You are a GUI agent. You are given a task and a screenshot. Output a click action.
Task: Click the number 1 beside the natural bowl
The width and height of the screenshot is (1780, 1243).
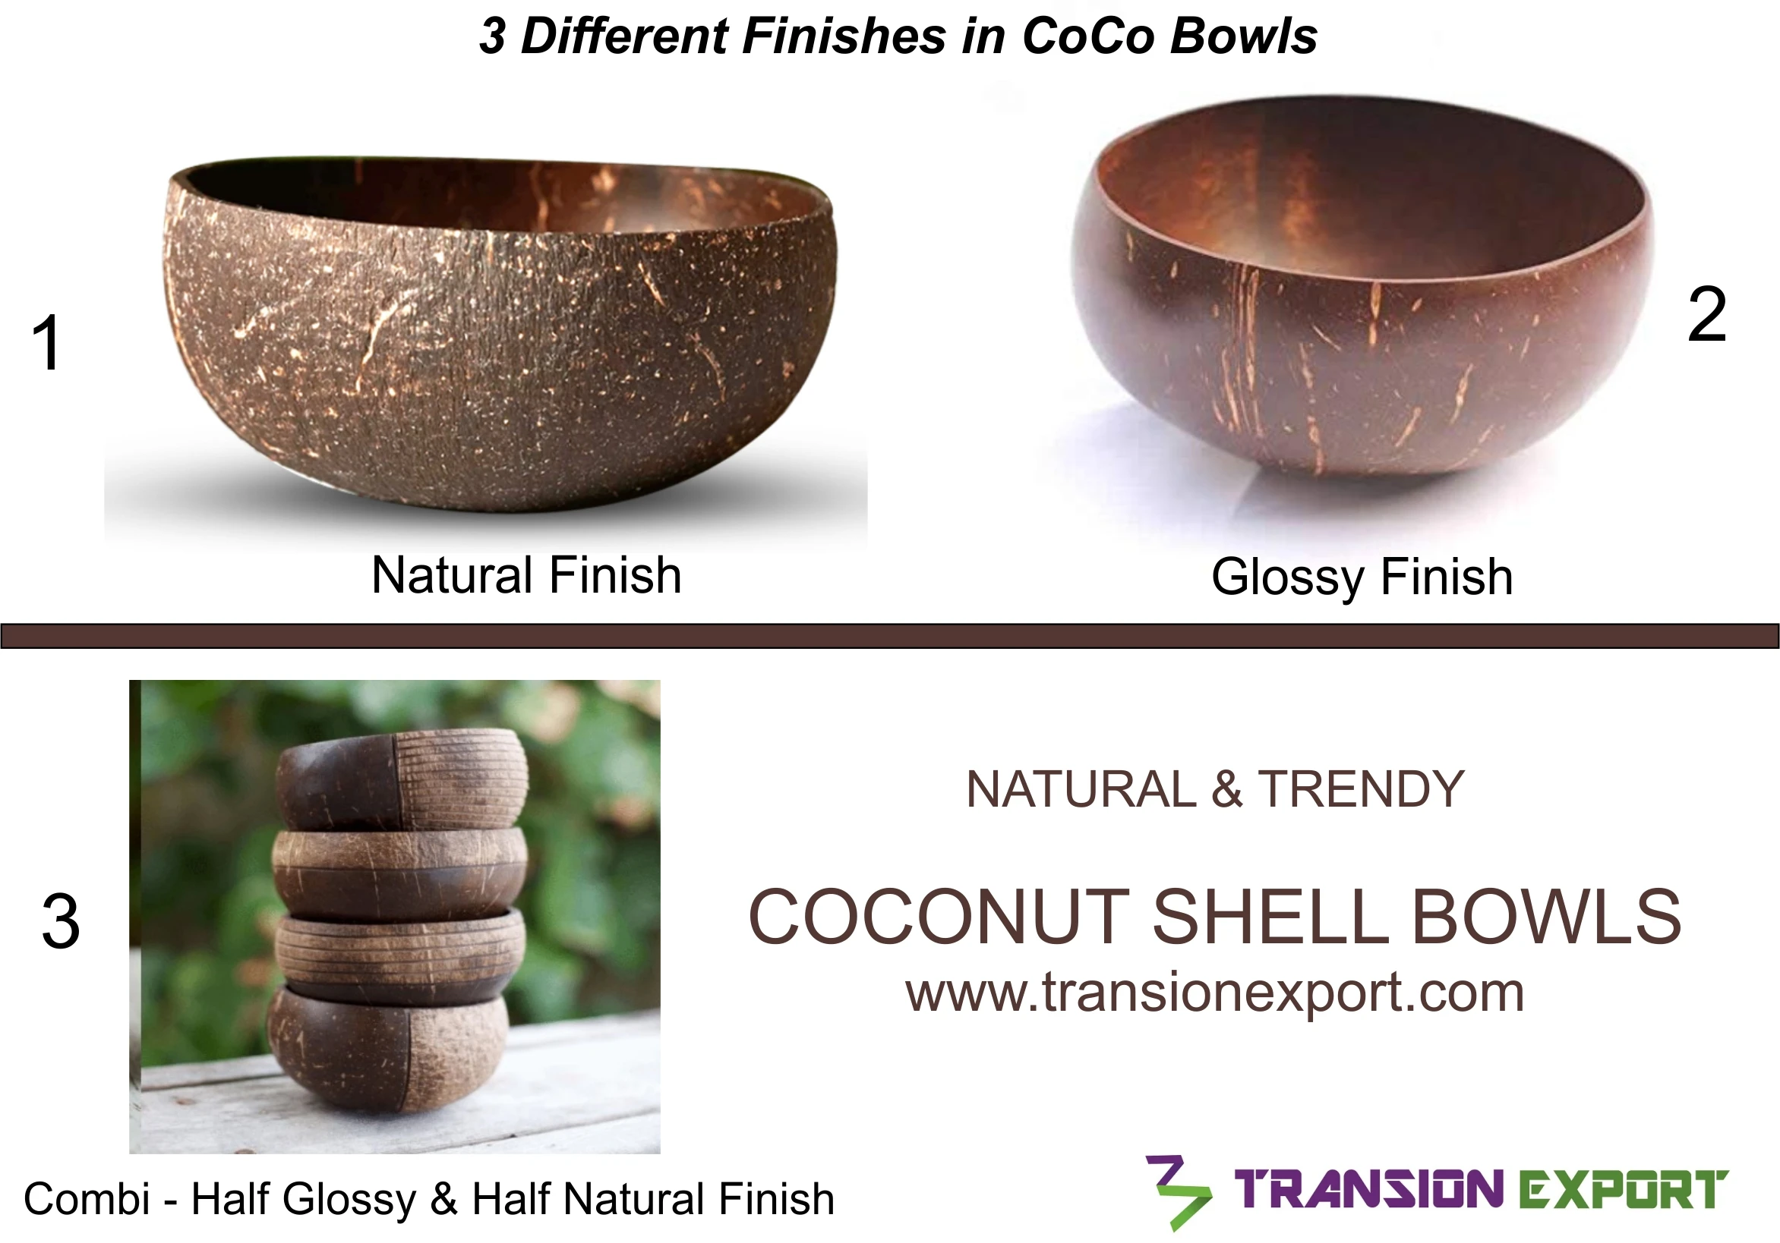(x=46, y=342)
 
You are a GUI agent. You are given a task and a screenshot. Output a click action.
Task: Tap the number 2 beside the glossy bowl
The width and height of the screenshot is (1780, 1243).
(x=1706, y=315)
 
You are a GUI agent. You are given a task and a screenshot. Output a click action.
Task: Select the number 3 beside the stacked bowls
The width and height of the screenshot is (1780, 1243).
(x=61, y=921)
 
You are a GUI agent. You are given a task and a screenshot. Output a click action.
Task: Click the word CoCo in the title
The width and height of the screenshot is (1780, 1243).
(x=1088, y=36)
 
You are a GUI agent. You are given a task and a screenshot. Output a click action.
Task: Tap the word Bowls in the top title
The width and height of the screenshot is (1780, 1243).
(x=1244, y=36)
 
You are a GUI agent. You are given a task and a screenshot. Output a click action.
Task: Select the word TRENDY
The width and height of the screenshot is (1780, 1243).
(x=1361, y=790)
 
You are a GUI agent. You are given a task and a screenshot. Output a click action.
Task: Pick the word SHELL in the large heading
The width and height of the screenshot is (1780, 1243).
(x=1270, y=917)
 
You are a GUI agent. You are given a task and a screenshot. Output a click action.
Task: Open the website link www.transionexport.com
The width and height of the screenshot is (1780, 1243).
(x=1215, y=993)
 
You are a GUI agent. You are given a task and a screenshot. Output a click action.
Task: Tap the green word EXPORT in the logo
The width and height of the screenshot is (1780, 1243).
(x=1622, y=1190)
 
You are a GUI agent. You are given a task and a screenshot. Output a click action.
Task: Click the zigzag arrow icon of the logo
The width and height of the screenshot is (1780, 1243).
(x=1177, y=1193)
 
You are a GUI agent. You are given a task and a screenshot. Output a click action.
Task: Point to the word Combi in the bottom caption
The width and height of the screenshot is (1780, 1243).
(x=87, y=1200)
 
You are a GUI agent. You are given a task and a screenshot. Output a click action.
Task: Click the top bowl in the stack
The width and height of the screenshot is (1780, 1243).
(x=402, y=778)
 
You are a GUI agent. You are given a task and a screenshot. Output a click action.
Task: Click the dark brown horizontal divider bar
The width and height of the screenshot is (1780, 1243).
(x=890, y=635)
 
